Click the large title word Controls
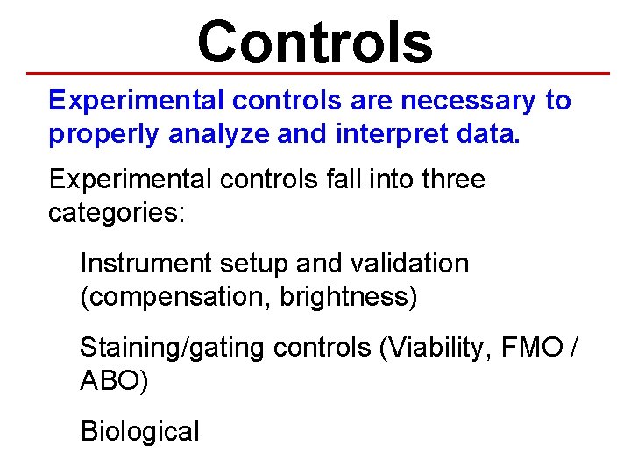click(315, 41)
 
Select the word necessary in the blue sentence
click(468, 101)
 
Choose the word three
click(453, 180)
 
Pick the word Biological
click(139, 432)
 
